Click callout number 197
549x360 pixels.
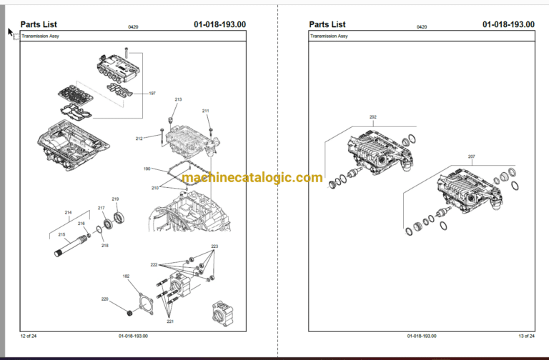pyautogui.click(x=152, y=94)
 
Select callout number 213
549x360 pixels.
pyautogui.click(x=178, y=99)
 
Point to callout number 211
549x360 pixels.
pyautogui.click(x=206, y=111)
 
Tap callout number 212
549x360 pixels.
pyautogui.click(x=139, y=139)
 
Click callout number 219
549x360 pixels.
pyautogui.click(x=115, y=199)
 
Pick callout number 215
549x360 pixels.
pyautogui.click(x=61, y=235)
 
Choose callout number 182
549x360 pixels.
pyautogui.click(x=126, y=276)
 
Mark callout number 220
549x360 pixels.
pyautogui.click(x=104, y=299)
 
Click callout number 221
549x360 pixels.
pyautogui.click(x=170, y=321)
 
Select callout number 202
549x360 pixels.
pyautogui.click(x=373, y=117)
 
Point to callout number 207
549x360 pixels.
pyautogui.click(x=472, y=156)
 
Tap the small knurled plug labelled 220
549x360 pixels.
pyautogui.click(x=130, y=312)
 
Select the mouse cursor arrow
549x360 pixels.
pyautogui.click(x=11, y=33)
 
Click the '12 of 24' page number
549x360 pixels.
pyautogui.click(x=29, y=336)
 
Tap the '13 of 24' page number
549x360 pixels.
pyautogui.click(x=527, y=336)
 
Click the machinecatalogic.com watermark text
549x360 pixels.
pyautogui.click(x=252, y=178)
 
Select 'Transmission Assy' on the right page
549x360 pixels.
pyautogui.click(x=329, y=36)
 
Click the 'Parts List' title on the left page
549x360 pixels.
pyautogui.click(x=39, y=24)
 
